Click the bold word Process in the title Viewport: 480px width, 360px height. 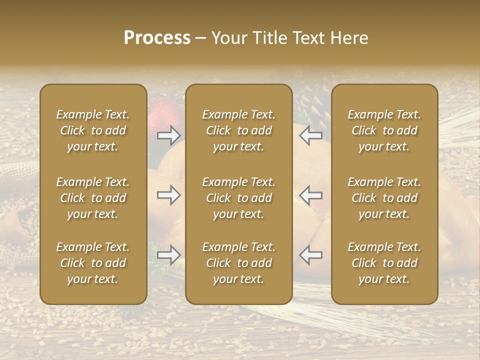click(157, 38)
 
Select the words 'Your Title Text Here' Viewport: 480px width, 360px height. click(290, 38)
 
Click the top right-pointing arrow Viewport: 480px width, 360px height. click(169, 135)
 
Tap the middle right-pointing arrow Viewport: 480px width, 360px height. click(169, 195)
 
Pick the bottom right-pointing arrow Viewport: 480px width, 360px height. click(169, 255)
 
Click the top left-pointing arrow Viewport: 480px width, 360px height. click(311, 135)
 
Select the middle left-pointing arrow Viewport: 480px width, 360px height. click(311, 195)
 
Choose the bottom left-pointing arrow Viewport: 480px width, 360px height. click(311, 255)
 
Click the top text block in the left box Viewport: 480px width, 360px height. click(93, 130)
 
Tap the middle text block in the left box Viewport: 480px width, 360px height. click(93, 198)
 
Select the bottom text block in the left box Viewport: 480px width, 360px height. click(93, 263)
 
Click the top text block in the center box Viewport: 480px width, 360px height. click(239, 130)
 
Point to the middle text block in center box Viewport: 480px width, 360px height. click(239, 198)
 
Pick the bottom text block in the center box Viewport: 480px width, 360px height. click(239, 263)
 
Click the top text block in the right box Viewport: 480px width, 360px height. click(384, 130)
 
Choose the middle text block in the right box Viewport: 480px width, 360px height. click(384, 198)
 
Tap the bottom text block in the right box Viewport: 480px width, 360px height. click(384, 263)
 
